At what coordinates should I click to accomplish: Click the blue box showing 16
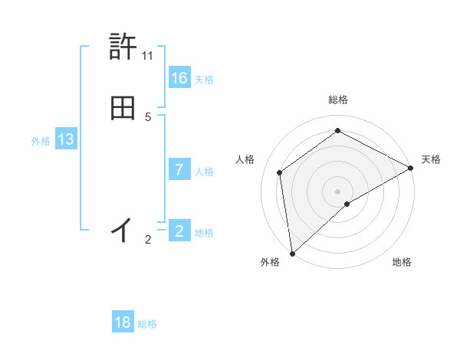(179, 77)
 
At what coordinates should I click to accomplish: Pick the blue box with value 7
(179, 169)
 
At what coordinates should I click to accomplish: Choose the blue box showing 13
(66, 139)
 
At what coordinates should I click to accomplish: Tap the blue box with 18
(123, 322)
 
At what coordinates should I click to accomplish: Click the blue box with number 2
(179, 231)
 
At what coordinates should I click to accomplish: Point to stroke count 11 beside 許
(148, 56)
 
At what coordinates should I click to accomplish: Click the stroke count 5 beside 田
(148, 117)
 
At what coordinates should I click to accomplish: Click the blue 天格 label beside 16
(204, 79)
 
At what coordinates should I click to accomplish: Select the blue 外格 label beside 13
(41, 141)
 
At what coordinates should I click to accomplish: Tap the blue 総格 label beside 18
(147, 324)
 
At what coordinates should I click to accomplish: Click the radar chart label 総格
(338, 100)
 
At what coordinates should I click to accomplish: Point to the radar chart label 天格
(431, 159)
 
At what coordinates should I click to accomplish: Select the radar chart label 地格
(402, 262)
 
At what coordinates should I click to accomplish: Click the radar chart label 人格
(245, 159)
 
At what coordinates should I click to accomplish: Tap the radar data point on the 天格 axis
(411, 168)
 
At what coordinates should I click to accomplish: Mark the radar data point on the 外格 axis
(292, 253)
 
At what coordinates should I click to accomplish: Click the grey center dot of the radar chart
(337, 191)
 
